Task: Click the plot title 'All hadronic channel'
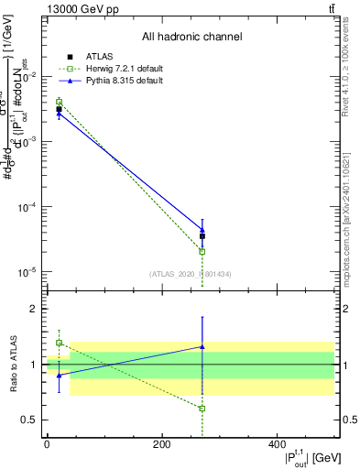pyautogui.click(x=191, y=37)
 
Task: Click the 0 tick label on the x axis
pyautogui.click(x=46, y=444)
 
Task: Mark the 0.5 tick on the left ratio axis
pyautogui.click(x=29, y=420)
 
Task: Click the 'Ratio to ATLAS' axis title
pyautogui.click(x=12, y=364)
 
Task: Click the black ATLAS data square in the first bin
pyautogui.click(x=59, y=110)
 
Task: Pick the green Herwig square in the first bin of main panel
pyautogui.click(x=59, y=102)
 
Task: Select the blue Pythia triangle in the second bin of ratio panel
pyautogui.click(x=202, y=346)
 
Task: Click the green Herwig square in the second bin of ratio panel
pyautogui.click(x=202, y=409)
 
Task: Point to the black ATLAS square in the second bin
pyautogui.click(x=202, y=235)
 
